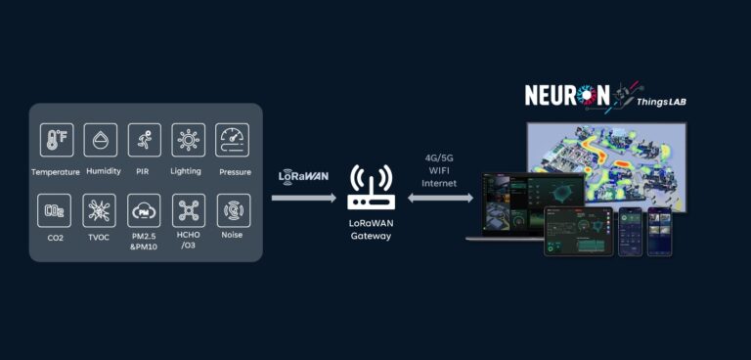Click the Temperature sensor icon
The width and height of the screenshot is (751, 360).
pos(56,140)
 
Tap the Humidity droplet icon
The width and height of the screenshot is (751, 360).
pos(101,140)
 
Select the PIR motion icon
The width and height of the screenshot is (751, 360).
pos(144,140)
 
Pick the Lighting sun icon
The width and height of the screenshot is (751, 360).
pos(188,140)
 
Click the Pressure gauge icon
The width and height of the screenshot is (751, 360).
pos(233,140)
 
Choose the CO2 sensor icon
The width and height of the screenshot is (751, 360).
pos(55,210)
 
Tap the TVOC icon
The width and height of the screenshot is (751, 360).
pos(100,210)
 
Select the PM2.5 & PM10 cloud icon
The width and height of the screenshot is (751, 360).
pos(144,210)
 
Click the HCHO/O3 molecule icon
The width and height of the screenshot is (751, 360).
pos(188,210)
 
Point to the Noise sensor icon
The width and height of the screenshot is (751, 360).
pos(233,210)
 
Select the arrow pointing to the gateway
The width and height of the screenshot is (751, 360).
pos(303,198)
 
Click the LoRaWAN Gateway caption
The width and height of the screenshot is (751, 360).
pos(371,230)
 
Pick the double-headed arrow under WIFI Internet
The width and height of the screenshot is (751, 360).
pos(440,198)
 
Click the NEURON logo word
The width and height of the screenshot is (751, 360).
pos(567,95)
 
